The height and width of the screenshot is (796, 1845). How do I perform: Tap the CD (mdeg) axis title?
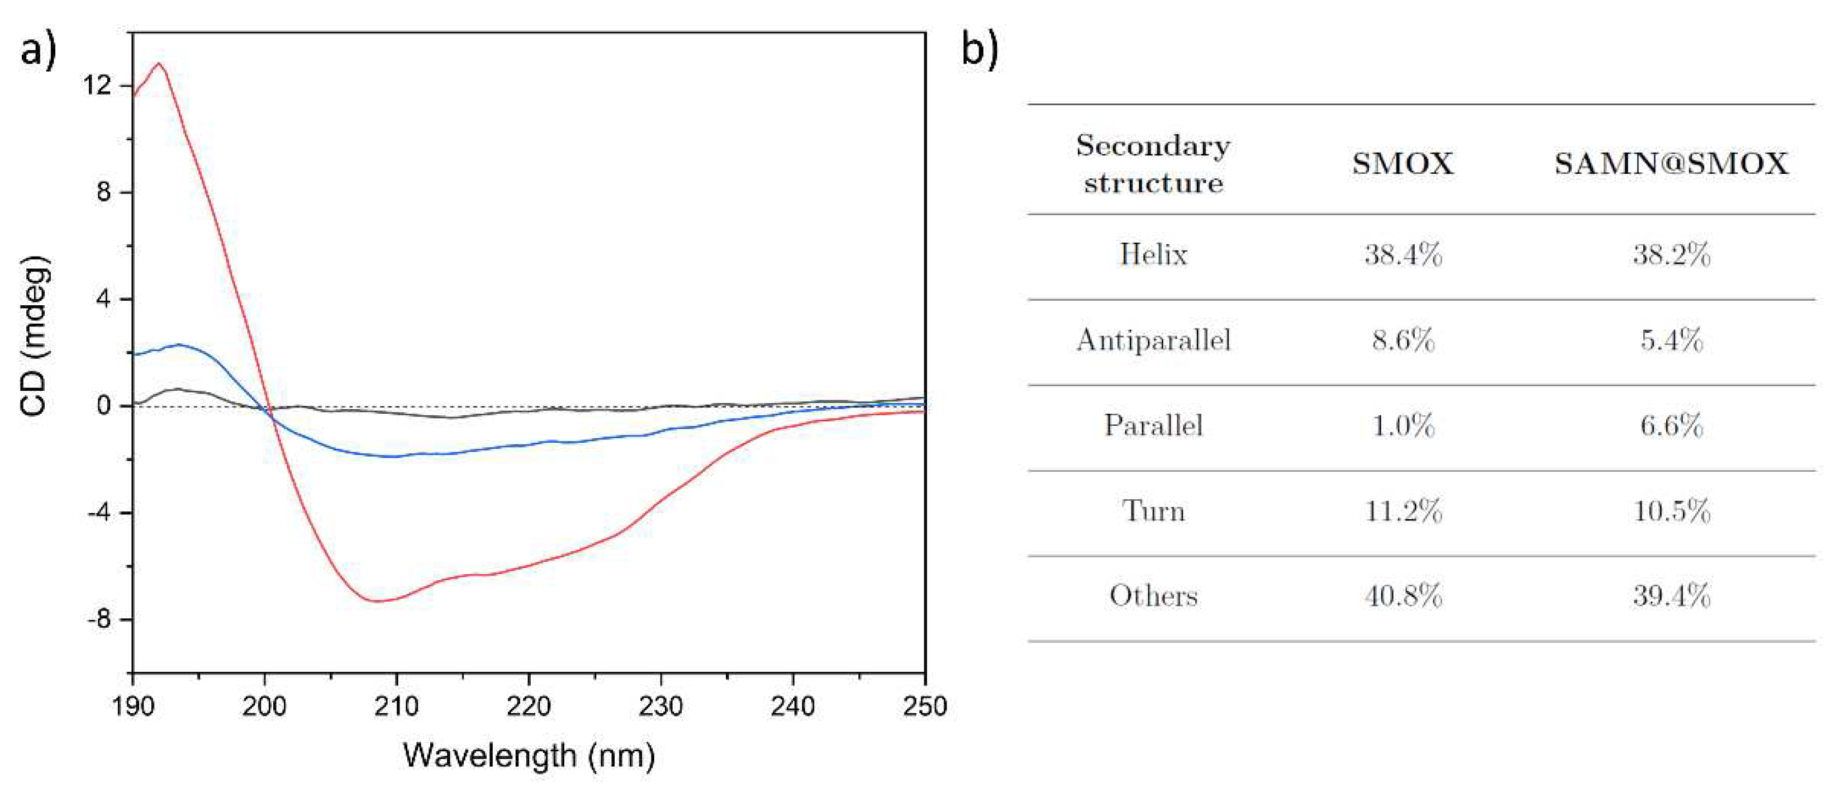coord(35,335)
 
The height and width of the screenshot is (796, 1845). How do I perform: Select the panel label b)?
coord(979,51)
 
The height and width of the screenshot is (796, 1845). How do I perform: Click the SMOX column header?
coord(1402,164)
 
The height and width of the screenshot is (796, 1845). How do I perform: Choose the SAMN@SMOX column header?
coord(1671,164)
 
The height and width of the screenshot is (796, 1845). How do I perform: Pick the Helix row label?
coord(1153,255)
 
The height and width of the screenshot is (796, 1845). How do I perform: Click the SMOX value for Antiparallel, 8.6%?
coord(1402,340)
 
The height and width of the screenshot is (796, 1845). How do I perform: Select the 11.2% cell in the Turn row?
coord(1402,511)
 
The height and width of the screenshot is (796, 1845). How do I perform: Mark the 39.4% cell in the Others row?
coord(1671,596)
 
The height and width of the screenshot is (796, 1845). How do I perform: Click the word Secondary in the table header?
coord(1153,146)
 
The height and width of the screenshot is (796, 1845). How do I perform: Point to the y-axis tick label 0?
coord(104,406)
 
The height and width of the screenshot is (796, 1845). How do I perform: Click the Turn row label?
coord(1153,511)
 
